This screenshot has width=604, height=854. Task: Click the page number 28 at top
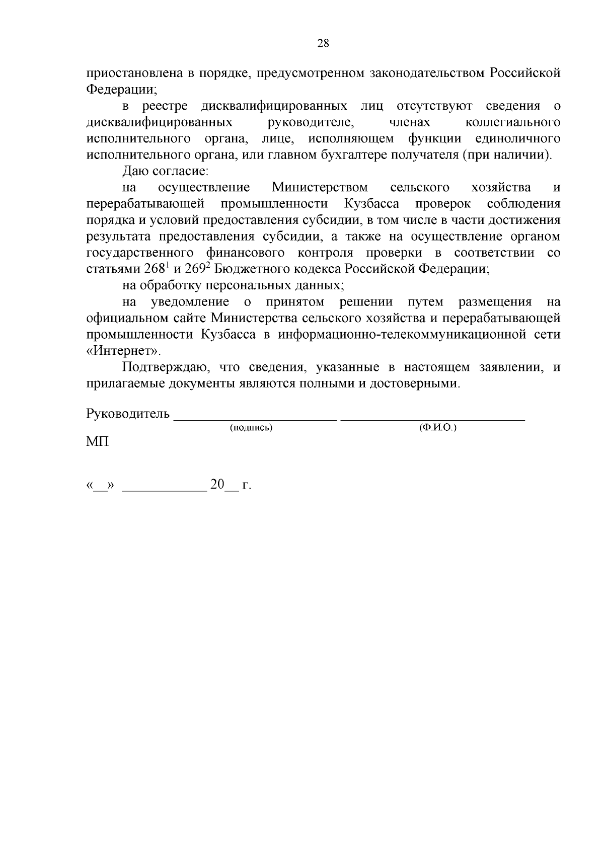pos(323,43)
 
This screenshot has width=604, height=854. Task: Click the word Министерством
pos(320,188)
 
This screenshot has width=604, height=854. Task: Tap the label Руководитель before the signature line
pos(128,414)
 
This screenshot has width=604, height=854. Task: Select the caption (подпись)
pos(251,428)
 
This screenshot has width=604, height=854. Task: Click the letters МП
pos(97,442)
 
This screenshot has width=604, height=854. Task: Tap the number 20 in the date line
pos(217,485)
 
